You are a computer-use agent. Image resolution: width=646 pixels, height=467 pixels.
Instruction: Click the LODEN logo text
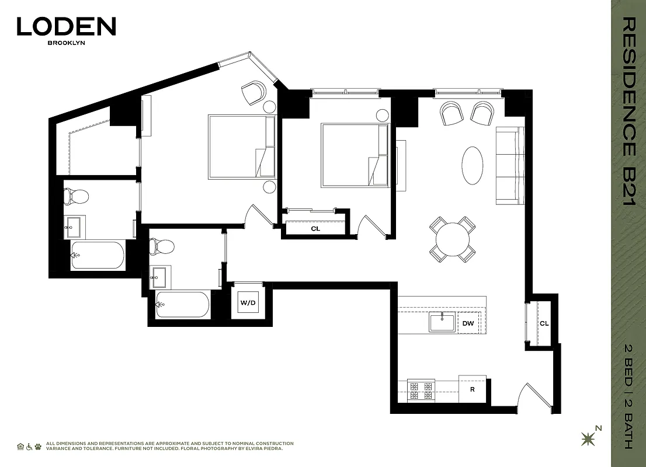[x=66, y=26]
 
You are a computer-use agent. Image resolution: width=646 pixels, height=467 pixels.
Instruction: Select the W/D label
[x=248, y=303]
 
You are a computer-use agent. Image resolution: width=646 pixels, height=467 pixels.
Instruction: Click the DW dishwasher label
[x=468, y=323]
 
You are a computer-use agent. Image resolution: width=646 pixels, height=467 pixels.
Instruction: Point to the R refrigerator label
[x=472, y=389]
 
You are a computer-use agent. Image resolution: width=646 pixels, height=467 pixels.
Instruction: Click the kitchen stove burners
[x=421, y=391]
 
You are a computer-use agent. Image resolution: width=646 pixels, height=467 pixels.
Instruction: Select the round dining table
[x=453, y=239]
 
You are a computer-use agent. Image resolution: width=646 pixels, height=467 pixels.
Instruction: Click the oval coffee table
[x=473, y=165]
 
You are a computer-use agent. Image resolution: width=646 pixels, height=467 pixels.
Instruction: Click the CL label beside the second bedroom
[x=315, y=229]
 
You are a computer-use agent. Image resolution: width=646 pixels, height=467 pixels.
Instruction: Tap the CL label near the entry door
[x=544, y=323]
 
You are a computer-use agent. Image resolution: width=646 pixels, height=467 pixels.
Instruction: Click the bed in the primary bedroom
[x=241, y=147]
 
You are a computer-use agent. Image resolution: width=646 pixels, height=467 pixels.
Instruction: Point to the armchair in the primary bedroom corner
[x=253, y=93]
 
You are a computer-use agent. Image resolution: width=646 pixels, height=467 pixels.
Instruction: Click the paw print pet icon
[x=38, y=447]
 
